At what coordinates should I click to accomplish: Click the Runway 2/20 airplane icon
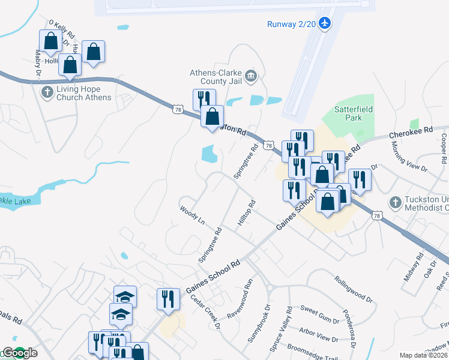[x=325, y=23]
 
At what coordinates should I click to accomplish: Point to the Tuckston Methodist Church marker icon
[x=395, y=202]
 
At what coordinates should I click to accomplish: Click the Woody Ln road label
[x=192, y=215]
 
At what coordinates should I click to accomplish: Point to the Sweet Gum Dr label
[x=319, y=310]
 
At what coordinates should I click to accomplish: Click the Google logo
[x=19, y=353]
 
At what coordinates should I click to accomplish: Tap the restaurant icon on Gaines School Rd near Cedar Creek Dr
[x=168, y=298]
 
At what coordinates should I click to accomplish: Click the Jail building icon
[x=251, y=75]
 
